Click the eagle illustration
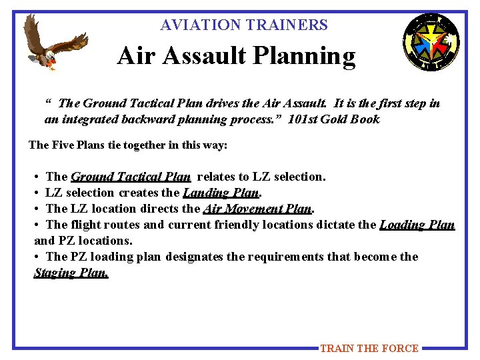click(x=55, y=43)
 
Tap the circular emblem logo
click(x=431, y=42)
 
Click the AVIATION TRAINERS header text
click(x=244, y=25)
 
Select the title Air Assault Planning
click(x=236, y=57)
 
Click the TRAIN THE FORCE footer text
click(x=369, y=348)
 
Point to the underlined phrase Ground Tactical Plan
click(x=131, y=177)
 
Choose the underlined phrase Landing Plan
click(x=220, y=193)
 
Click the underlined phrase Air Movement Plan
click(x=257, y=209)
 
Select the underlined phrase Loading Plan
click(x=417, y=225)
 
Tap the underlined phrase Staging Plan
click(x=71, y=273)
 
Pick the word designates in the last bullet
click(x=197, y=257)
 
